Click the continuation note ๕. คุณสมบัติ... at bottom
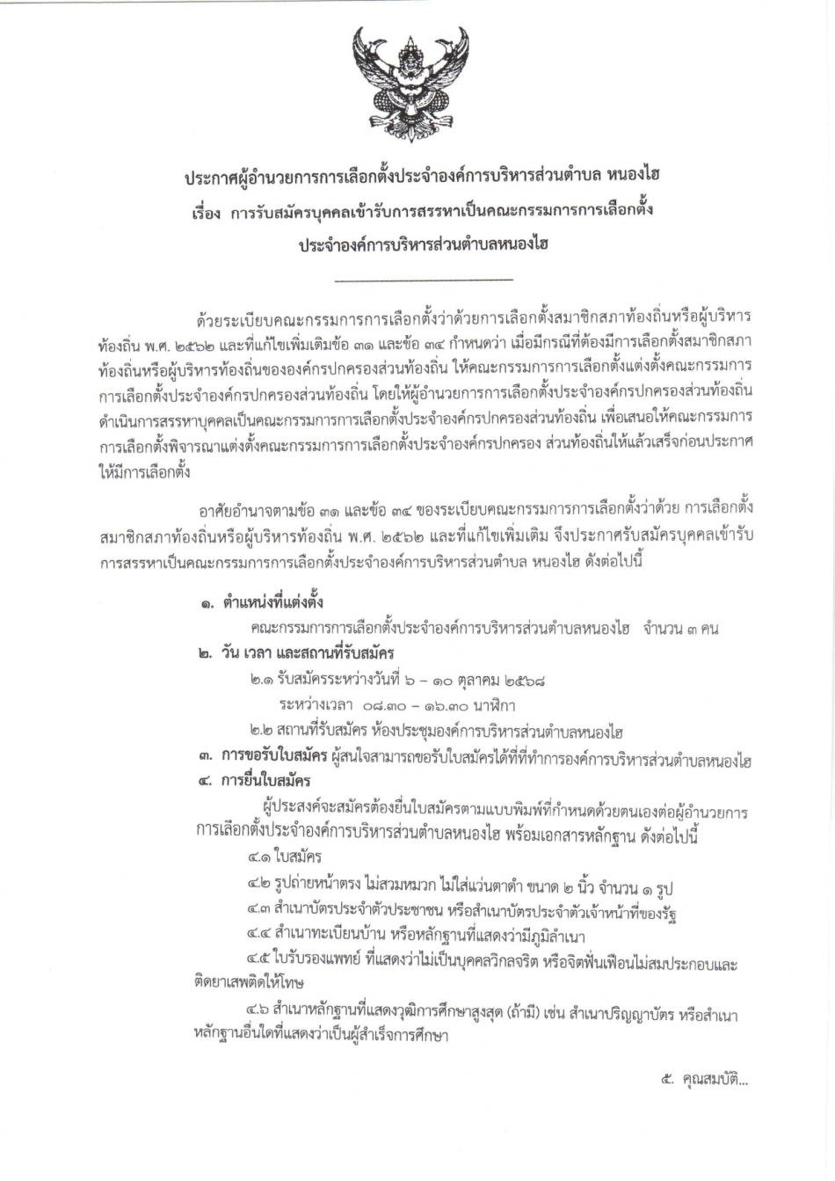tap(704, 1080)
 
